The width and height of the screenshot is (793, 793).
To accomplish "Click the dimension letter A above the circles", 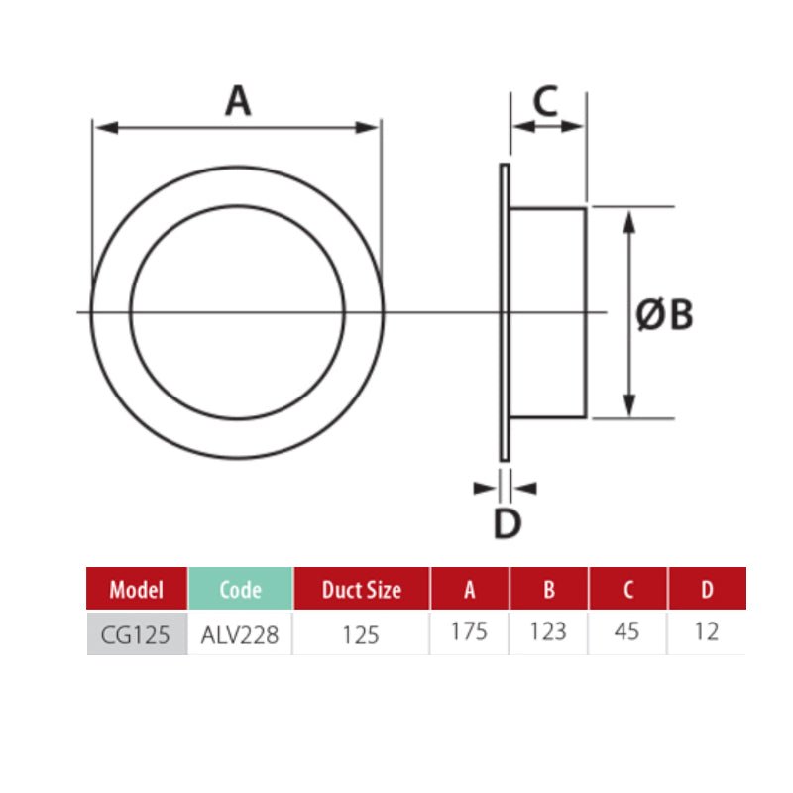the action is click(238, 101).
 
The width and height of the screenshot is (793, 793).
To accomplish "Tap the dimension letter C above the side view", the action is click(546, 101).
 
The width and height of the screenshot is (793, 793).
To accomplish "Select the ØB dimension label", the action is click(664, 314).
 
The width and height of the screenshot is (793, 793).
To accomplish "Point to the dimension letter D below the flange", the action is click(508, 523).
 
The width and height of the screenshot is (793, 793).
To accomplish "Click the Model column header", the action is click(137, 589).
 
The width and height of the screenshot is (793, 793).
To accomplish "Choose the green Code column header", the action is click(241, 589).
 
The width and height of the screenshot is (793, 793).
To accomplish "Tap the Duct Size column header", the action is click(362, 589).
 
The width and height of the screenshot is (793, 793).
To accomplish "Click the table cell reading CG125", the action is click(137, 634).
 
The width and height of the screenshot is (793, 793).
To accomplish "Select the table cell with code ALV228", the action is click(240, 634).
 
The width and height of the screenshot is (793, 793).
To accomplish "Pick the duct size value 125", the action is click(361, 634).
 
